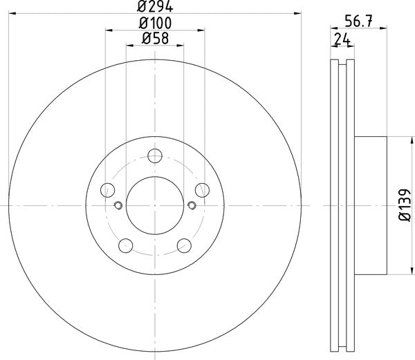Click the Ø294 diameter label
coord(155,6)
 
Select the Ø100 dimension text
coord(155,23)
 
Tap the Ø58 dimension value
coord(155,39)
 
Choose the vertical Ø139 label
coord(403,205)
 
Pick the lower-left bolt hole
coord(126,245)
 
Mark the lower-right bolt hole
coord(184,245)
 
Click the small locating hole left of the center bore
coord(118,205)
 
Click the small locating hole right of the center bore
coord(192,205)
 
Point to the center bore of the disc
coord(155,205)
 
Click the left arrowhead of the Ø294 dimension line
coord(10,12)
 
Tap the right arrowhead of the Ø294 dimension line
coord(299,12)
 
